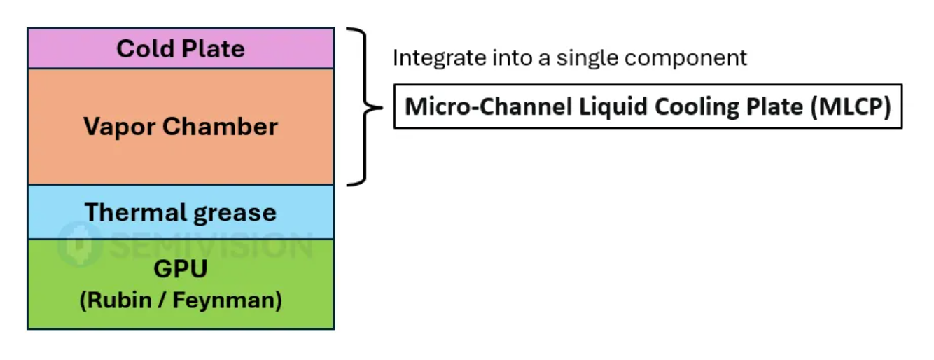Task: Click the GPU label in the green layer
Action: (x=181, y=270)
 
